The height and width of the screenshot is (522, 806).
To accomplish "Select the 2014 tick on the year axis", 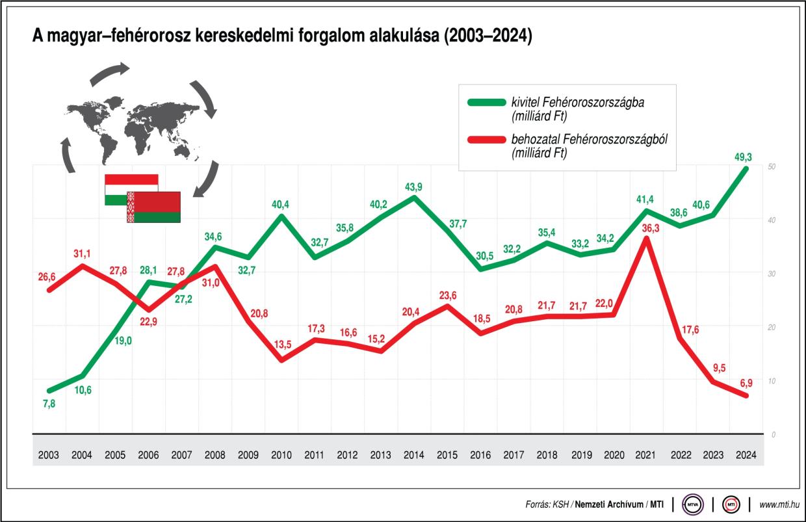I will [x=414, y=454].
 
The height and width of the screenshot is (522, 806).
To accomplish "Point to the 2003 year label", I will [x=48, y=454].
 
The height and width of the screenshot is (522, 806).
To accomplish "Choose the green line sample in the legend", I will [x=485, y=102].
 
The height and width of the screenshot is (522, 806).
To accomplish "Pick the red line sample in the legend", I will [x=485, y=139].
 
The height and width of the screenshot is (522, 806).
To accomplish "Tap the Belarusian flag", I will [x=154, y=207].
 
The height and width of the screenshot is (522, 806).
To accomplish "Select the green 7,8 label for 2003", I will [x=48, y=404].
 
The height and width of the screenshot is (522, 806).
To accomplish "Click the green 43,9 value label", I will [x=414, y=187].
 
